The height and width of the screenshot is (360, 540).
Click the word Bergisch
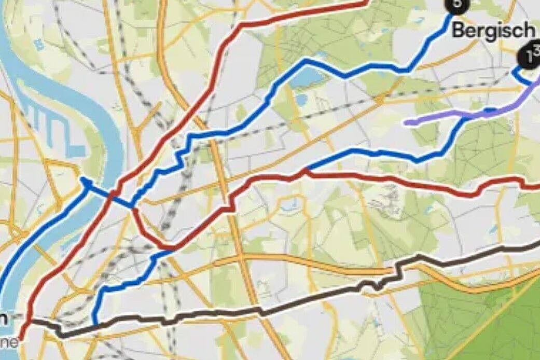(x=493, y=30)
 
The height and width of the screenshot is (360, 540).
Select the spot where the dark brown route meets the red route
(x=30, y=321)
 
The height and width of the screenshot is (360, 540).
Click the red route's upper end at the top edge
(x=365, y=2)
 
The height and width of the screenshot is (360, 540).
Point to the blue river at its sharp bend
(x=112, y=150)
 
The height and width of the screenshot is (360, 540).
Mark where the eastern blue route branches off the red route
(x=307, y=170)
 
